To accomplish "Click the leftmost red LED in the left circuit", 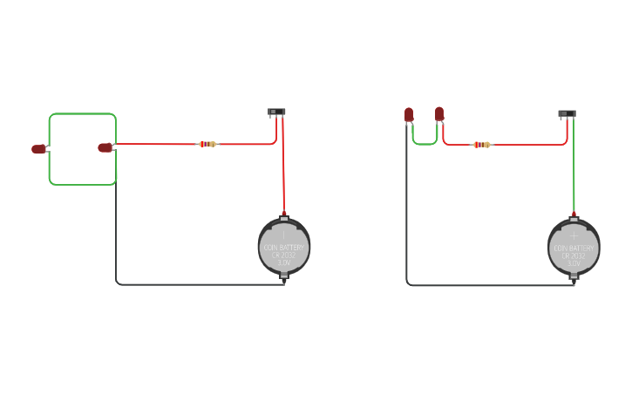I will coord(38,149).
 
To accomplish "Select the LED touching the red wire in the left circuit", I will coord(105,147).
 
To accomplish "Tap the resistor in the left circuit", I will coord(207,144).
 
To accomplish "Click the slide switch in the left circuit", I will coord(276,112).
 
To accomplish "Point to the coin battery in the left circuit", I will coord(284,247).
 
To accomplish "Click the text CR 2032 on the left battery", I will coord(284,255).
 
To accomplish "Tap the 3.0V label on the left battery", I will coord(284,262).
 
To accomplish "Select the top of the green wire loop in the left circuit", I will coord(83,114).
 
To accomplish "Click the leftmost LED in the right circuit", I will coord(409,114).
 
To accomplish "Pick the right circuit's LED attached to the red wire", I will coord(439,113).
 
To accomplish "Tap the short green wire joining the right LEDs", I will coord(424,144).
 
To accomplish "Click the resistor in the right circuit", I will coord(482,144).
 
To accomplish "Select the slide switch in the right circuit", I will coord(567,112).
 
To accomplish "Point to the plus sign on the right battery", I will coord(574,235).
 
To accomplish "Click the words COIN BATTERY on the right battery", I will coord(574,248).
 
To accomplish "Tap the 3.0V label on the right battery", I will coord(574,262).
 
